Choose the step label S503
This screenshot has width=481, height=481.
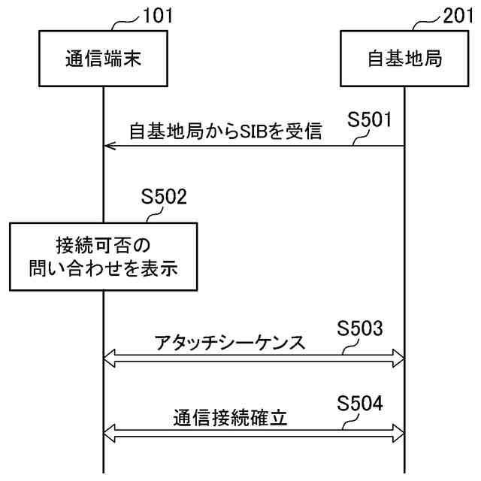coord(361,328)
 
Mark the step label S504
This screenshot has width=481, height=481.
coord(361,404)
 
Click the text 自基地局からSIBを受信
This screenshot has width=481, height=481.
coord(225,132)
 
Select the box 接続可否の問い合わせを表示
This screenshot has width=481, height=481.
coord(104,256)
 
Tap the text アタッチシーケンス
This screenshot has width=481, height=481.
coord(228,343)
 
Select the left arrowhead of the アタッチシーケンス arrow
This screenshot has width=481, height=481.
coord(108,361)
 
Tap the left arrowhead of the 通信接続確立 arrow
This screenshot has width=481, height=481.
coord(108,432)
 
